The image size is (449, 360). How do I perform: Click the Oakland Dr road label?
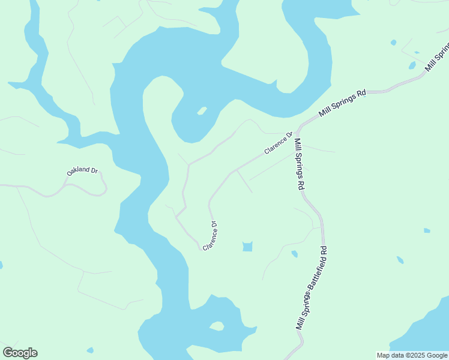(x=82, y=171)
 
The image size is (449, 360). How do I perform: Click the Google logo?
(x=20, y=353)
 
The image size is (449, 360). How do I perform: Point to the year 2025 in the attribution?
(x=414, y=355)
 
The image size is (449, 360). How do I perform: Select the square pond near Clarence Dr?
(x=247, y=247)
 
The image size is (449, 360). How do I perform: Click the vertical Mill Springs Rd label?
(x=298, y=164)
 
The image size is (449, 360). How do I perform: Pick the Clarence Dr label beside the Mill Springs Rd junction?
(x=278, y=143)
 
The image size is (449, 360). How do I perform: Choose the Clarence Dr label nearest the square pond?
(x=210, y=236)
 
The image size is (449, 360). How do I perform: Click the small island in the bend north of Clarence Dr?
(x=202, y=111)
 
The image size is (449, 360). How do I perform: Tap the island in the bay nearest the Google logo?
(x=216, y=326)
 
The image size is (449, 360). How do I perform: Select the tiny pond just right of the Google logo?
(x=90, y=350)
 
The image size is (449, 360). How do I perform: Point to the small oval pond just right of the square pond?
(x=294, y=254)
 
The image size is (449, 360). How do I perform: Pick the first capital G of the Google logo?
(x=8, y=353)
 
